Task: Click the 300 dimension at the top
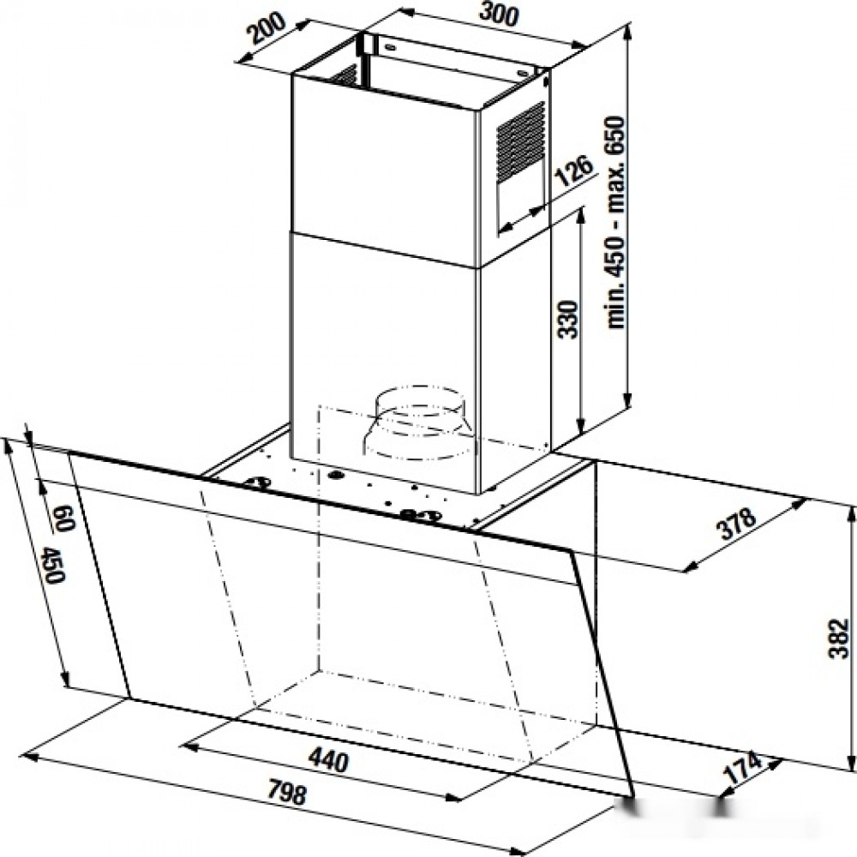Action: [498, 15]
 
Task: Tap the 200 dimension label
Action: [267, 28]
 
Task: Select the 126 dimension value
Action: [573, 171]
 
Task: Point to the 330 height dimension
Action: [568, 319]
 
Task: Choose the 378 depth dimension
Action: [737, 524]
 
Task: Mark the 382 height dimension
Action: [837, 638]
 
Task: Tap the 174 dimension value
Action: [742, 768]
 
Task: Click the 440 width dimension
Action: [328, 759]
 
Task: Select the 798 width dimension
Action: [288, 793]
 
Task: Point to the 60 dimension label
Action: [64, 518]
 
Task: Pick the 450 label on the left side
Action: [53, 565]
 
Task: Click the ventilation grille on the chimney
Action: [520, 142]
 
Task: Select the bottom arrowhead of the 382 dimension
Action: [851, 762]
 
